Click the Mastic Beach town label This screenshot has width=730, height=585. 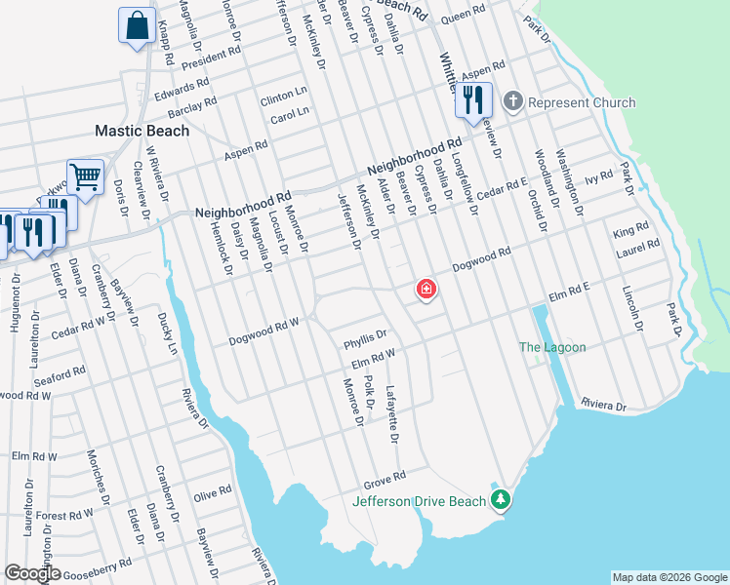point(142,130)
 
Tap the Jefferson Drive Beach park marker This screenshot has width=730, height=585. point(502,500)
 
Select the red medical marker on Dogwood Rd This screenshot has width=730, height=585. point(426,289)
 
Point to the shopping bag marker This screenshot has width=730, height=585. point(138,25)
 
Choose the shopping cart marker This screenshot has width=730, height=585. point(85,177)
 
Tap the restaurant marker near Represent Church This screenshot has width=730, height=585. point(472,101)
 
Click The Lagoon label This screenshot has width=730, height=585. point(552,348)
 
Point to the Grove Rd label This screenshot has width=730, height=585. point(385,479)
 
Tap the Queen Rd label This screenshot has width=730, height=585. point(463,19)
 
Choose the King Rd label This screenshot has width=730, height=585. point(630,232)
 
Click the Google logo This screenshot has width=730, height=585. point(32,573)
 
